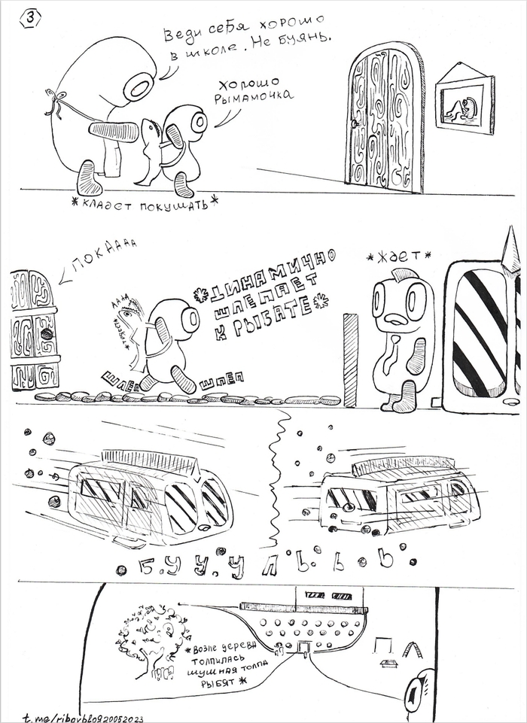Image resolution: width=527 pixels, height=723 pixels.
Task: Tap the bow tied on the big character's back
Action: (55, 104)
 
